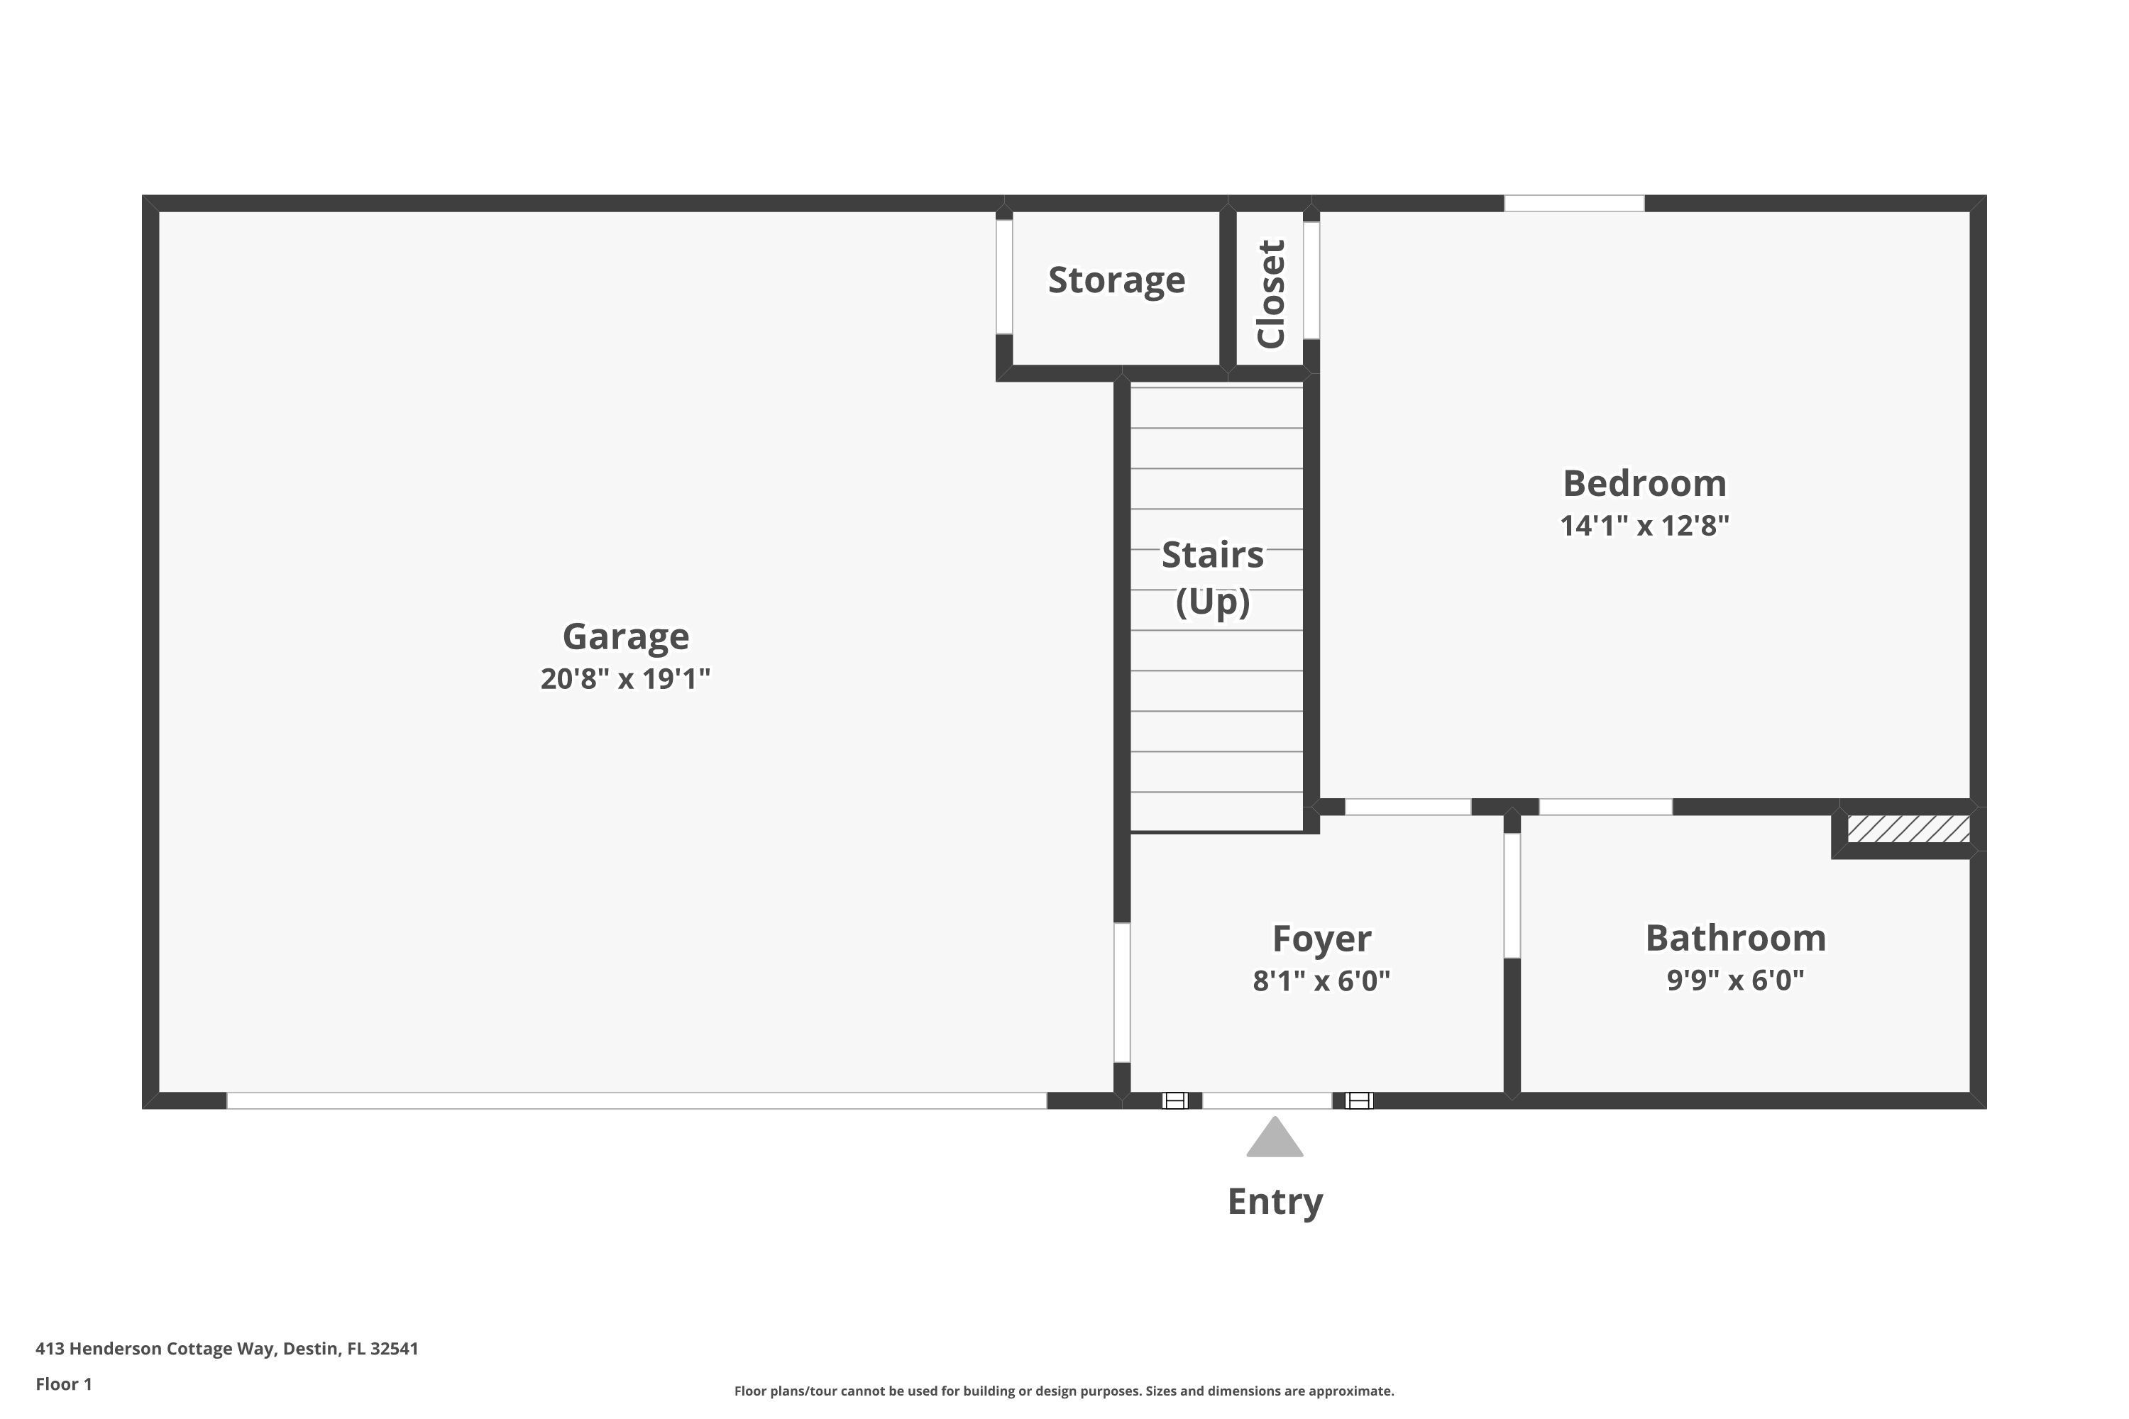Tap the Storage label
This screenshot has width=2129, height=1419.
[1116, 280]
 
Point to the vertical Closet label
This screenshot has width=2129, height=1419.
[1271, 294]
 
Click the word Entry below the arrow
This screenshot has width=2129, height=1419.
[1275, 1202]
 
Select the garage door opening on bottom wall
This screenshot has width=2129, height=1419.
[637, 1100]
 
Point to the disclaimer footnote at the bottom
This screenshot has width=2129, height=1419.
[1064, 1391]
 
